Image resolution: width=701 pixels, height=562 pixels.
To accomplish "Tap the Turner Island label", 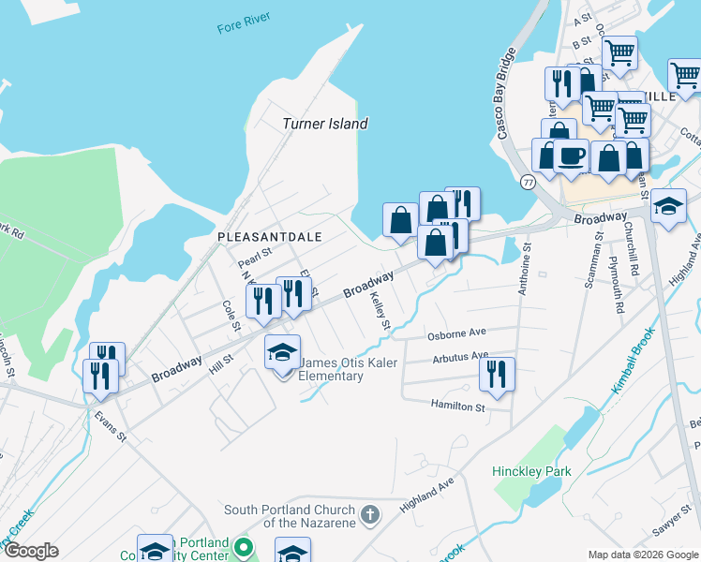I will (325, 124).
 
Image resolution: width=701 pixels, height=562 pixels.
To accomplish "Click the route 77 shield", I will (529, 182).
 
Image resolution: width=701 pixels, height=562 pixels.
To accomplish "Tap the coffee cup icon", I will (571, 155).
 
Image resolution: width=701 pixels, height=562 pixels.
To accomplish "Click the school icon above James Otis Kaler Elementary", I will (282, 352).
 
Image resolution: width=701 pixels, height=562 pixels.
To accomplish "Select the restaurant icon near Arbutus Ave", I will (497, 373).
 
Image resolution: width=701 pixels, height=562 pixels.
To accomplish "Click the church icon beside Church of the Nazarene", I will (370, 514).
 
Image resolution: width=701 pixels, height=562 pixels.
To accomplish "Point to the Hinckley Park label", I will (531, 472).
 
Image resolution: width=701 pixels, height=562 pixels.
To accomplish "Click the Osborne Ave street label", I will (456, 333).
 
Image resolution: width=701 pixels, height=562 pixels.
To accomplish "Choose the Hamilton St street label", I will (457, 407).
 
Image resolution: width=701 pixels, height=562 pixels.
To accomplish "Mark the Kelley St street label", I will (379, 309).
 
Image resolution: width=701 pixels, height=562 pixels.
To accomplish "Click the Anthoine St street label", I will (524, 269).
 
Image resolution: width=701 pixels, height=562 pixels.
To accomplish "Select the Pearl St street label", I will (254, 253).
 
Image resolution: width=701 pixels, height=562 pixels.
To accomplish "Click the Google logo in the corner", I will (30, 551).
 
